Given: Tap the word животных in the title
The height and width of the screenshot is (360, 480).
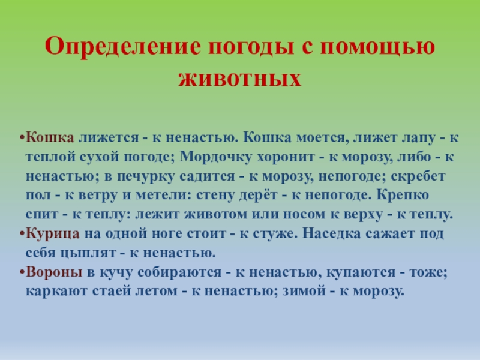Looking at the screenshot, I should point(239,79).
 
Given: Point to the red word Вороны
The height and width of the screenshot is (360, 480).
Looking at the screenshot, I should point(54,271).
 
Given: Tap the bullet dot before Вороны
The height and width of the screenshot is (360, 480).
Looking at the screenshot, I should point(22,272).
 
